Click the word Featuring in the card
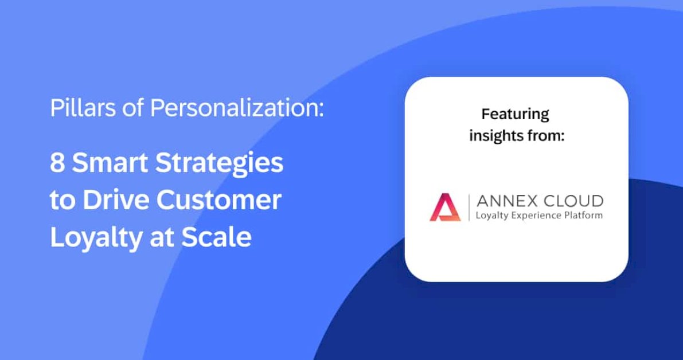515,114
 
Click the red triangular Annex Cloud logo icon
445,208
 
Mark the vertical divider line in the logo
469,208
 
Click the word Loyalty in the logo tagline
490,216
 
